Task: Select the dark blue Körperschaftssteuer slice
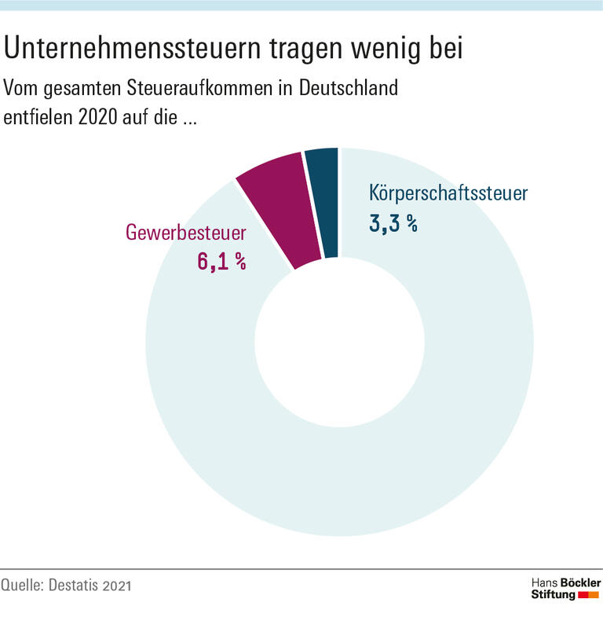coord(323,201)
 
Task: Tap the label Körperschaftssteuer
coord(449,193)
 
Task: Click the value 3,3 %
coord(393,223)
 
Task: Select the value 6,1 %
coord(221,263)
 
